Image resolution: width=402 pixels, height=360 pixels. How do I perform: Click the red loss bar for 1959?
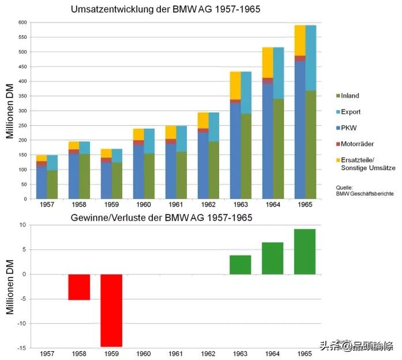pos(111,310)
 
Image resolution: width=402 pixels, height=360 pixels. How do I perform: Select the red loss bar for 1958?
pos(79,287)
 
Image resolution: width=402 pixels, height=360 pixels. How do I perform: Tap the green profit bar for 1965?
pos(305,252)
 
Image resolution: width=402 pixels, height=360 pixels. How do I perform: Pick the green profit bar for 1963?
pos(240,264)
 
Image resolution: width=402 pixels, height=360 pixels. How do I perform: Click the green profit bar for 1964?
pos(272,258)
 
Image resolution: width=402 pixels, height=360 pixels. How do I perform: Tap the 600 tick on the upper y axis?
pos(22,22)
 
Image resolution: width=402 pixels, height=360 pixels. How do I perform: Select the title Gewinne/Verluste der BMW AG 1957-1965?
pos(161,217)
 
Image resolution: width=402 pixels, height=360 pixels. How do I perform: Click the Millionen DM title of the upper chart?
pos(10,110)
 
